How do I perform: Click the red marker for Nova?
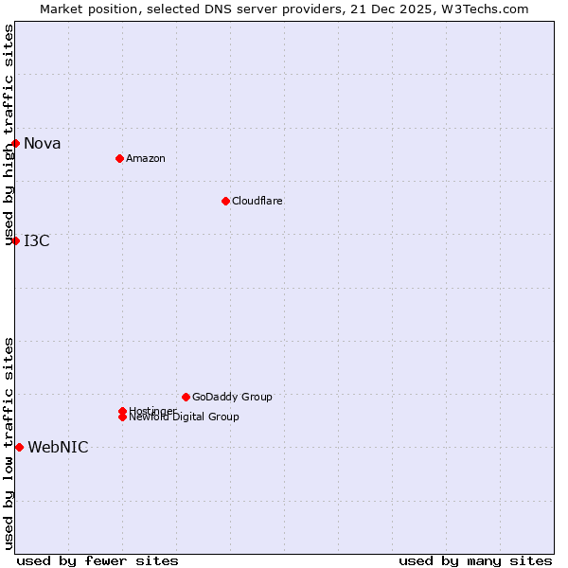pos(16,143)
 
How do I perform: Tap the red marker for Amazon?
pos(119,158)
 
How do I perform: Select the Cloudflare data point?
pos(225,201)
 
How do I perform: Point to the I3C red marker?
pos(16,240)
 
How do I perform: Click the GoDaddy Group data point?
pos(186,397)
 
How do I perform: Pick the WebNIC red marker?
pos(19,447)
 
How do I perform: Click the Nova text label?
pos(43,144)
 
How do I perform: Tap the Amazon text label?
pos(145,158)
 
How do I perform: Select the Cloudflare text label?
pos(257,201)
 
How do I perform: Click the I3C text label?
pos(37,240)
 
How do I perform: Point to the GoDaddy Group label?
pos(232,397)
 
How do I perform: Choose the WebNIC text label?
pos(58,448)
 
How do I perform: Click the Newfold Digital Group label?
pos(185,417)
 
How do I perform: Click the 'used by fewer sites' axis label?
pos(98,560)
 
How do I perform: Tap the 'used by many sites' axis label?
pos(475,560)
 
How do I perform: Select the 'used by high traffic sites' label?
pos(9,134)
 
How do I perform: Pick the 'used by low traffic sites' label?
pos(9,443)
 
